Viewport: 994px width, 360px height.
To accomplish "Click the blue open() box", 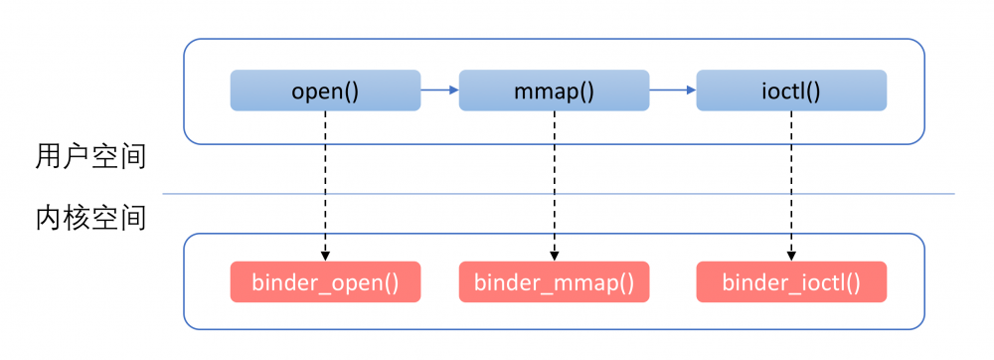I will coord(325,90).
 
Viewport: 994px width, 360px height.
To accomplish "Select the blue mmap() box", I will coord(554,90).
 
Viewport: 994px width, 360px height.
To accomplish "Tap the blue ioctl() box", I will coord(791,90).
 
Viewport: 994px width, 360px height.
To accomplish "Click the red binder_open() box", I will coord(325,281).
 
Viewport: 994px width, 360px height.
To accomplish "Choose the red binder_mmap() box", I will coord(554,281).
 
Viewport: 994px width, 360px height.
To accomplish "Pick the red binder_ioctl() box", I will coord(791,281).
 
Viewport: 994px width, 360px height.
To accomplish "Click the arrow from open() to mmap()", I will coord(438,90).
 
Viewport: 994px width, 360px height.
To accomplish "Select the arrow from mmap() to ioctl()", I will coord(672,90).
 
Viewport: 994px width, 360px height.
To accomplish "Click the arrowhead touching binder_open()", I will coord(325,256).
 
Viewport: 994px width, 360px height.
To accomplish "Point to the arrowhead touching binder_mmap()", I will coord(554,256).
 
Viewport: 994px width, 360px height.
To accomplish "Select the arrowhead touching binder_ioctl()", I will coord(791,256).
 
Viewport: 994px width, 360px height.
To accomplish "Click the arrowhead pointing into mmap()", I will coord(453,90).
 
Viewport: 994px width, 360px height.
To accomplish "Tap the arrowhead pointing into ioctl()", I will coord(690,90).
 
